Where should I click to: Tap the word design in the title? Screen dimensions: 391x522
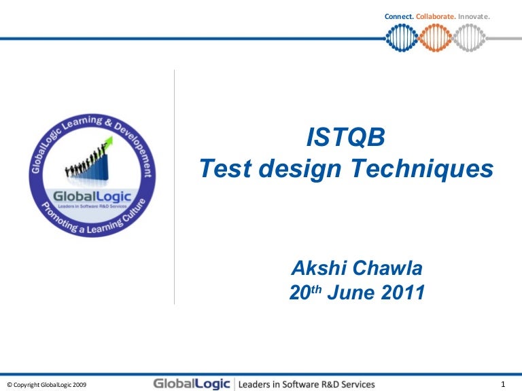pos(310,169)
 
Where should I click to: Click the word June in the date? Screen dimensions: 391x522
pos(349,293)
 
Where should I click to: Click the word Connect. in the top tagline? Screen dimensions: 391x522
pos(399,16)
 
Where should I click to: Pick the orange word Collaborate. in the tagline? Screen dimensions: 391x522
pos(436,16)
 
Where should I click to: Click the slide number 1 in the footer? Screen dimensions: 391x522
pos(502,384)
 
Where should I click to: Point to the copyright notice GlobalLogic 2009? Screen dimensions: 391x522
pos(46,384)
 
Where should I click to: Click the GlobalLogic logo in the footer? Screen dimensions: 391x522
pos(192,384)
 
